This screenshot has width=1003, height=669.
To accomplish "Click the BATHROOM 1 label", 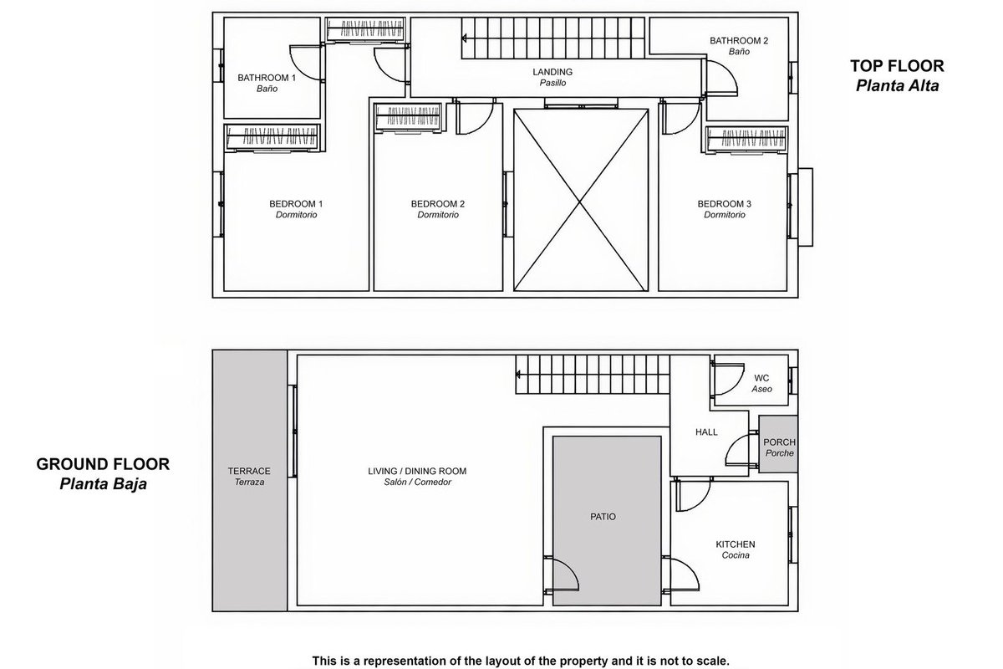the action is pyautogui.click(x=267, y=78).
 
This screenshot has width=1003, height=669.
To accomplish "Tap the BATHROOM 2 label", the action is pyautogui.click(x=739, y=41).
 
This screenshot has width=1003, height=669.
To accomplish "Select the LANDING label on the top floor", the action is pyautogui.click(x=552, y=72).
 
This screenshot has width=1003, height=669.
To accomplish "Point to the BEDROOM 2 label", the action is pyautogui.click(x=438, y=204).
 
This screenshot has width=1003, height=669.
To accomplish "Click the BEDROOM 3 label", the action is pyautogui.click(x=725, y=204).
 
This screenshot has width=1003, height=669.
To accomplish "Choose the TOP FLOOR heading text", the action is pyautogui.click(x=898, y=66).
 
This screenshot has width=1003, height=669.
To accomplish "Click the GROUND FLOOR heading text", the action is pyautogui.click(x=103, y=464).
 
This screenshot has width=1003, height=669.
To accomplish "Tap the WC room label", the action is pyautogui.click(x=761, y=378).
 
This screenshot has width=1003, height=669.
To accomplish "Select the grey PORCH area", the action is pyautogui.click(x=778, y=444).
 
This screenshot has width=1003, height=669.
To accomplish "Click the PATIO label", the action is pyautogui.click(x=603, y=517).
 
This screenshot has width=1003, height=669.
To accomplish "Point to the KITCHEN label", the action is pyautogui.click(x=736, y=544).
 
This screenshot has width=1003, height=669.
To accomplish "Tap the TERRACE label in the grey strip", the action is pyautogui.click(x=249, y=471).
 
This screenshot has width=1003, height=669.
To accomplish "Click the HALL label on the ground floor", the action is pyautogui.click(x=706, y=432).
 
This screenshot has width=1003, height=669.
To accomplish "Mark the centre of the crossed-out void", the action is pyautogui.click(x=581, y=201).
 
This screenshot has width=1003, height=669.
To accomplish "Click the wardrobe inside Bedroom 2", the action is pyautogui.click(x=409, y=117).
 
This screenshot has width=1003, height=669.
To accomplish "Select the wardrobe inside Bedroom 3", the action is pyautogui.click(x=747, y=139).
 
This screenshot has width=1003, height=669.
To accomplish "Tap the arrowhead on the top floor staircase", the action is pyautogui.click(x=465, y=38).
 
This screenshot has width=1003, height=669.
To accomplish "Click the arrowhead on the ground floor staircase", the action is pyautogui.click(x=518, y=374).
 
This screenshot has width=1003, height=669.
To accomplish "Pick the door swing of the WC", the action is pyautogui.click(x=728, y=379).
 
